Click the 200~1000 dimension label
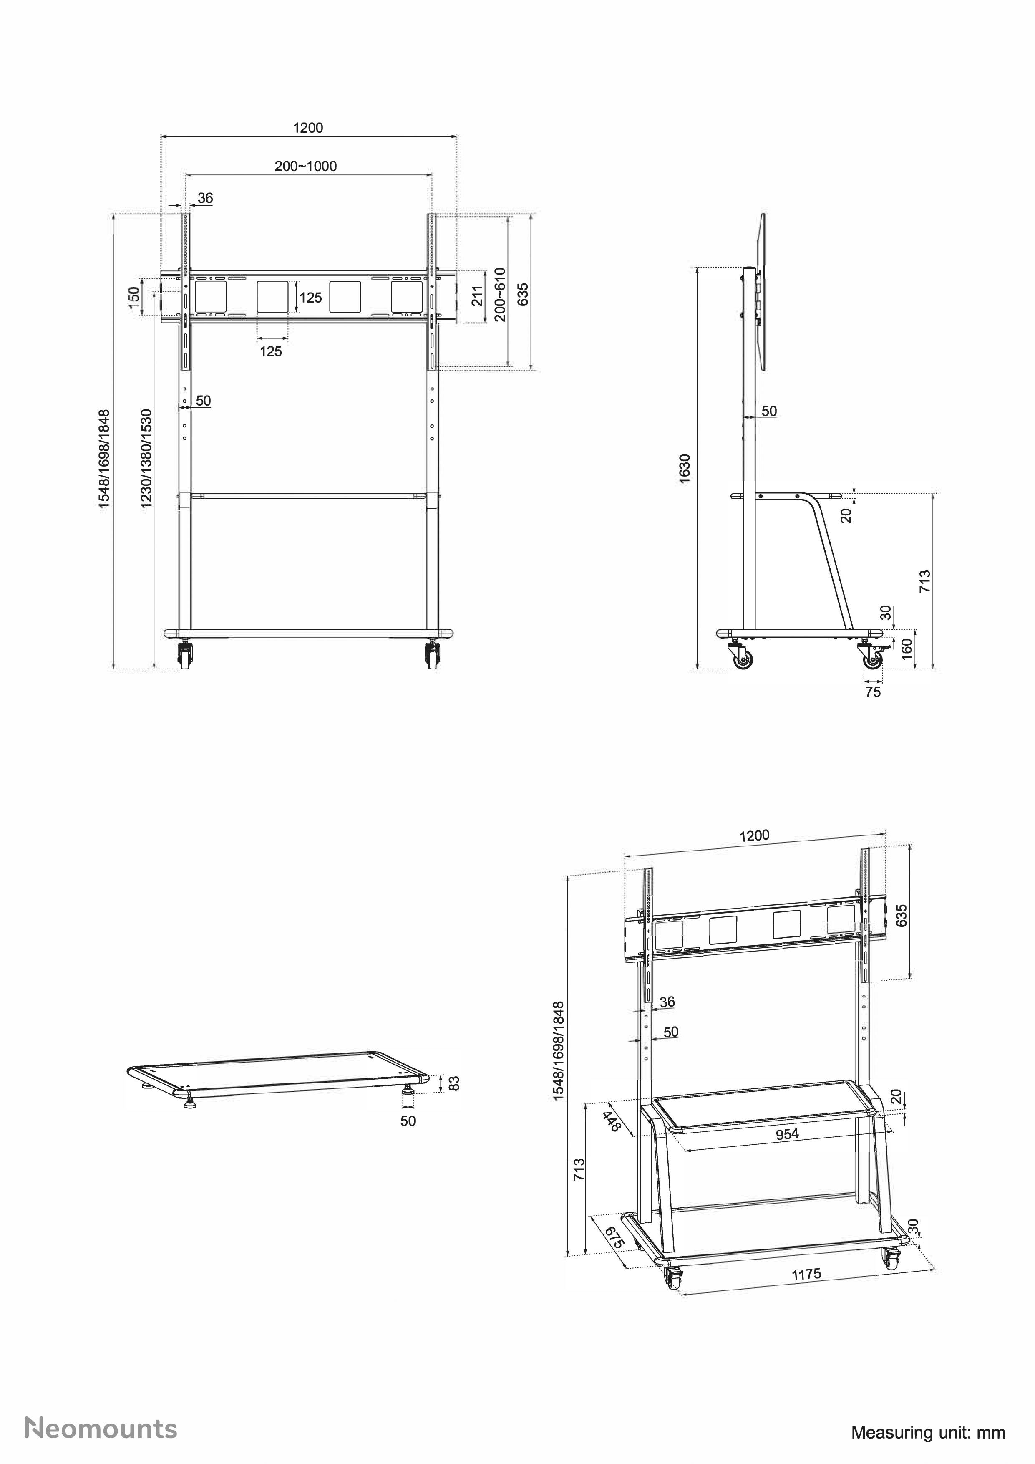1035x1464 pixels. pyautogui.click(x=305, y=167)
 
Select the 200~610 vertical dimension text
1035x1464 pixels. pyautogui.click(x=500, y=295)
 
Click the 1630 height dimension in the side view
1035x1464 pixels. pyautogui.click(x=685, y=469)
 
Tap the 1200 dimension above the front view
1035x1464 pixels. pyautogui.click(x=308, y=128)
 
